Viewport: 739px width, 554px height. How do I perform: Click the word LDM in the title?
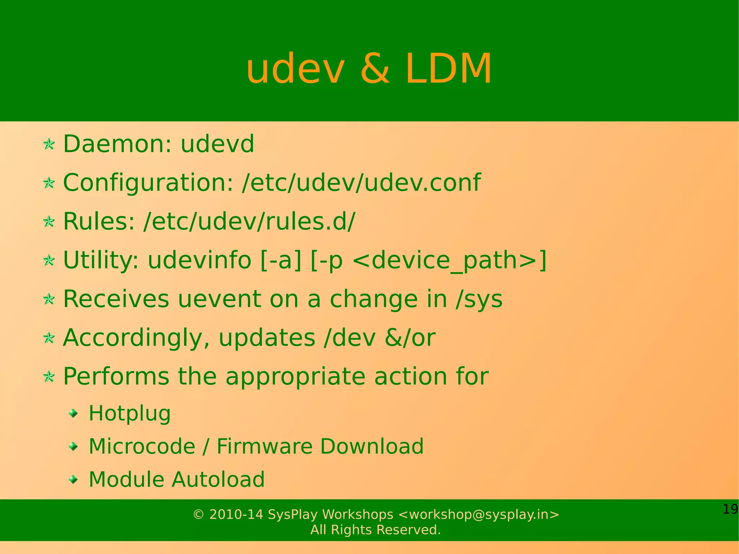(x=449, y=69)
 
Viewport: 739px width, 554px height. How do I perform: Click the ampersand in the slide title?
(x=375, y=69)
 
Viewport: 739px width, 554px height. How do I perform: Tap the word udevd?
(x=217, y=144)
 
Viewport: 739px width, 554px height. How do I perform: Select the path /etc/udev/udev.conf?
(x=361, y=183)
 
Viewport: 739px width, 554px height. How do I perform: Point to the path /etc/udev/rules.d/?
(x=249, y=221)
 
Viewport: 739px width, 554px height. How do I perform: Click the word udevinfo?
(x=199, y=260)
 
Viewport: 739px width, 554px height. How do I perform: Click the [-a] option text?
(x=281, y=260)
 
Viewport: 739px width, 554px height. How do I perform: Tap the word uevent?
(x=219, y=299)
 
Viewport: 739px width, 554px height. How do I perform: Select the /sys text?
(x=479, y=299)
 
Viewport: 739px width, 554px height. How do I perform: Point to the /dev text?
(x=350, y=338)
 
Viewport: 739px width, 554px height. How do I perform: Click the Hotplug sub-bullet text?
(x=130, y=414)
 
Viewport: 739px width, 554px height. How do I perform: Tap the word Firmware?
(x=264, y=446)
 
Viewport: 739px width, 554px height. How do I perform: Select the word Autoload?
(x=218, y=480)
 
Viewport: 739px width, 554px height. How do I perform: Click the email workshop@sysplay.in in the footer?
(x=478, y=514)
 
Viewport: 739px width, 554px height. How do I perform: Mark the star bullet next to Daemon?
(x=49, y=145)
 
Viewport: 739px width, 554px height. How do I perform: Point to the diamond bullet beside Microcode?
(x=74, y=447)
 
